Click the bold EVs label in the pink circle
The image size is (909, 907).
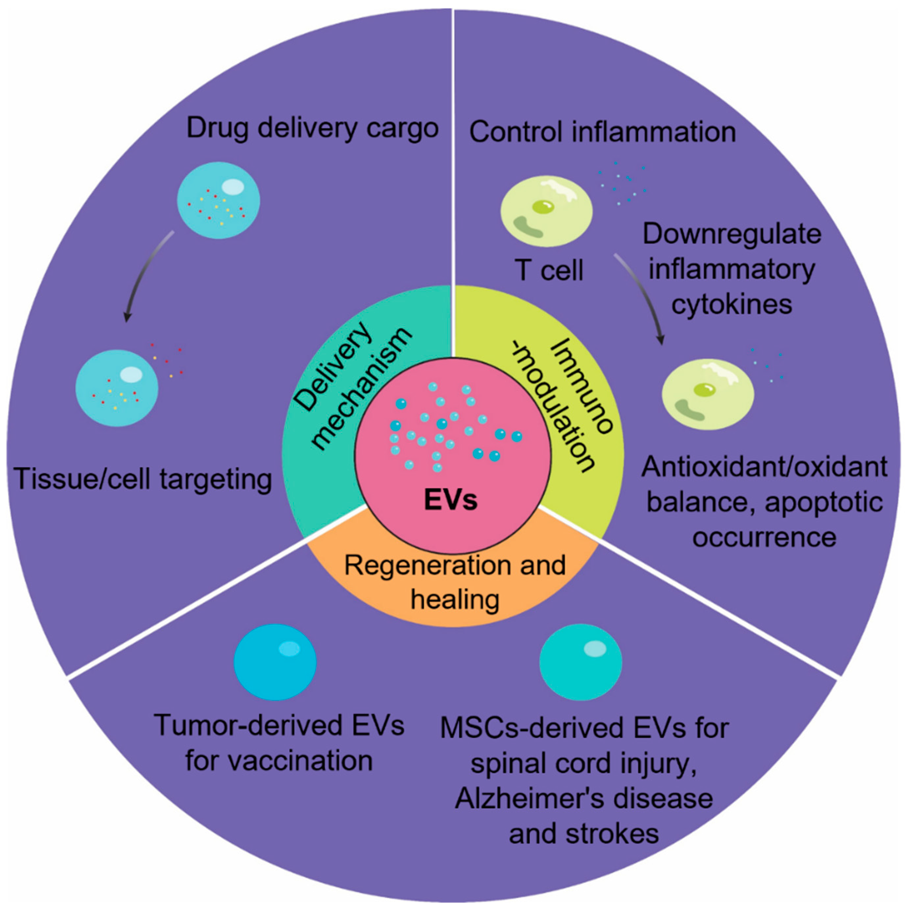pyautogui.click(x=450, y=500)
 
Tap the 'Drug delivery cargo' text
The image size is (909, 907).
pyautogui.click(x=312, y=129)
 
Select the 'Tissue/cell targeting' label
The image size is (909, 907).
pyautogui.click(x=143, y=479)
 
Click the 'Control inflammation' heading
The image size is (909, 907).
pyautogui.click(x=602, y=132)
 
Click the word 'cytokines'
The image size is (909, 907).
pyautogui.click(x=731, y=304)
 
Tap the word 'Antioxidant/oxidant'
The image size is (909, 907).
pyautogui.click(x=764, y=467)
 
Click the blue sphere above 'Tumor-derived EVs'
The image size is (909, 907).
pyautogui.click(x=275, y=662)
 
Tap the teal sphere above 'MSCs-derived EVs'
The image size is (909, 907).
pyautogui.click(x=580, y=662)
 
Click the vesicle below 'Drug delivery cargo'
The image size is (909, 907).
pyautogui.click(x=218, y=201)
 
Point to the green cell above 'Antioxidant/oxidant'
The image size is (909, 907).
pyautogui.click(x=707, y=394)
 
